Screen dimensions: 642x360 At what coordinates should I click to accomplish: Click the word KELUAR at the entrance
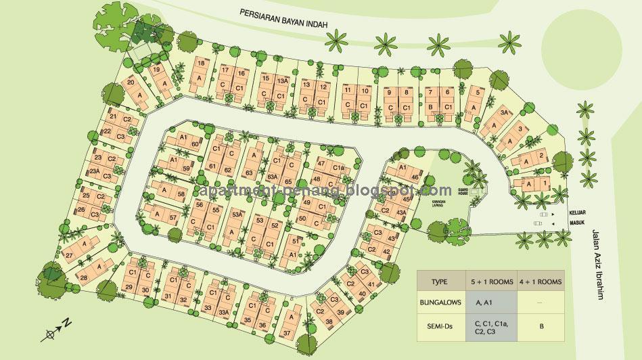click(576, 212)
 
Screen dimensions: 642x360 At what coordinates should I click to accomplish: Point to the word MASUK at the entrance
click(576, 221)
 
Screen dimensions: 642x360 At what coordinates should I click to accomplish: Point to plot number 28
click(83, 278)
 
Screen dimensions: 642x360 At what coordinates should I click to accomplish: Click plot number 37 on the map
click(286, 332)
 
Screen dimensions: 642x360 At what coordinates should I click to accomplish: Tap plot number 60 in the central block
click(194, 144)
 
